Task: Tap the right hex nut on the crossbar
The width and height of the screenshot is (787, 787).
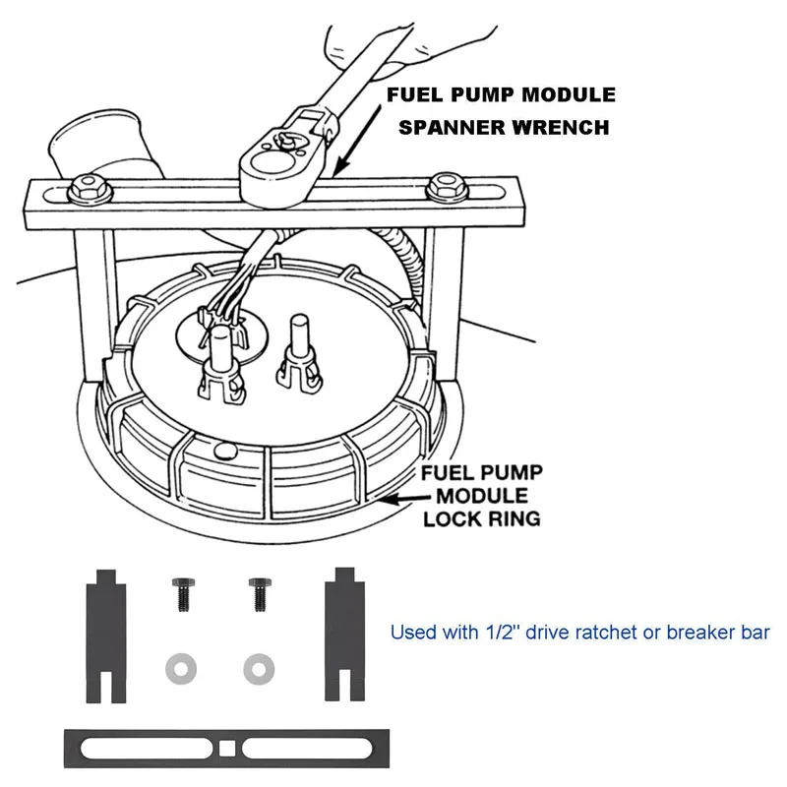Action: pyautogui.click(x=444, y=183)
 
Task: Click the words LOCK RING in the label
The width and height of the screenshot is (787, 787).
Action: pyautogui.click(x=482, y=517)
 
